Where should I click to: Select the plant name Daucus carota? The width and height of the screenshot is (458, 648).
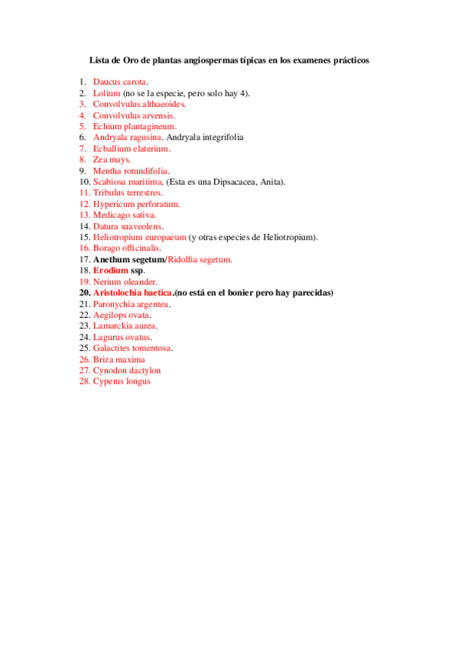click(x=120, y=82)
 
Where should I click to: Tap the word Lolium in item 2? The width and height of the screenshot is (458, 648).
click(x=106, y=93)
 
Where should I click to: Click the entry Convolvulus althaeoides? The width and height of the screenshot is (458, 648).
click(x=139, y=104)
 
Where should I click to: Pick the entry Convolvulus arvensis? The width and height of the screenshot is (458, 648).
click(x=134, y=115)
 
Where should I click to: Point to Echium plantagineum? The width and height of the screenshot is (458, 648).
click(x=135, y=126)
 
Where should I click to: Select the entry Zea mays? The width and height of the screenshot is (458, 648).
click(x=112, y=160)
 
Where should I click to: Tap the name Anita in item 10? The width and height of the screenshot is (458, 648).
click(x=271, y=182)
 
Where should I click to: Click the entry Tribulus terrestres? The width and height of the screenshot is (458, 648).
click(x=128, y=193)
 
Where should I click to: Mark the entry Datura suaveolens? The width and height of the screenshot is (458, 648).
click(x=127, y=226)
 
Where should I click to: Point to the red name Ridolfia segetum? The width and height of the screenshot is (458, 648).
click(x=200, y=260)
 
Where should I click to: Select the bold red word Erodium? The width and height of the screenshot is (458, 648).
click(x=111, y=271)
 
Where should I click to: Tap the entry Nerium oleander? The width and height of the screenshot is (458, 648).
click(x=125, y=282)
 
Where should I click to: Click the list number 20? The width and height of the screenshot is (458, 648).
click(x=84, y=293)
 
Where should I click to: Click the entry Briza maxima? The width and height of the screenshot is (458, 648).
click(x=119, y=359)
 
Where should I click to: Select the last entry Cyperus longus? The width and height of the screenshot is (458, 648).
click(x=122, y=381)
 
